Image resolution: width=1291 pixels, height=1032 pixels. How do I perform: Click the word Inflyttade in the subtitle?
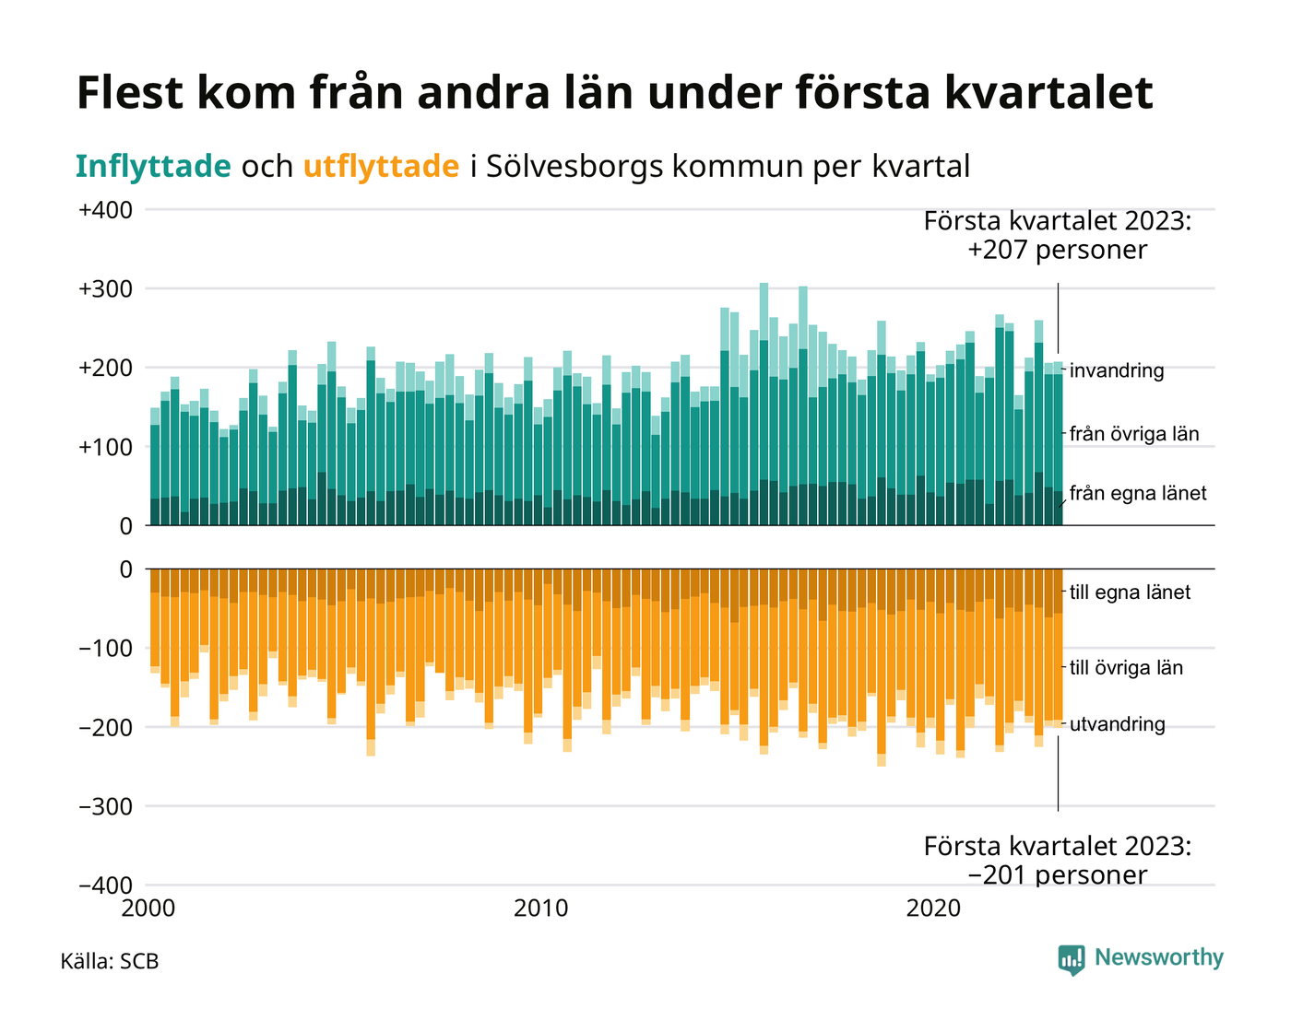click(x=153, y=167)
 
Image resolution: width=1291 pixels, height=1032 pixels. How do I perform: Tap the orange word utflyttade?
click(x=381, y=167)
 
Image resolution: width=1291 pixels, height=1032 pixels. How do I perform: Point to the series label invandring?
click(x=1117, y=371)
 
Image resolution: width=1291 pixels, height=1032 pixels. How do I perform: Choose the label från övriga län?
click(x=1134, y=433)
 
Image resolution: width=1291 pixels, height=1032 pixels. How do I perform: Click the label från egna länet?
click(x=1138, y=494)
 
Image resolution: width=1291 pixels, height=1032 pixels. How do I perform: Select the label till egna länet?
click(x=1130, y=592)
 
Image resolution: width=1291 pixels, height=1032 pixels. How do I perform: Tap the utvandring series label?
click(x=1117, y=724)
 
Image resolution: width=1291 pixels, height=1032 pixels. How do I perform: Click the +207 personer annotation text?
click(x=1057, y=250)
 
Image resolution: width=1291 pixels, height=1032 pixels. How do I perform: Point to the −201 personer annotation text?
click(x=1057, y=874)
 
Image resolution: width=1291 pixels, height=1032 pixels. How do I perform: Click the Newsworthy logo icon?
click(x=1072, y=959)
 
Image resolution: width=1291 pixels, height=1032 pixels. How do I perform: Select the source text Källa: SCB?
click(x=110, y=962)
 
